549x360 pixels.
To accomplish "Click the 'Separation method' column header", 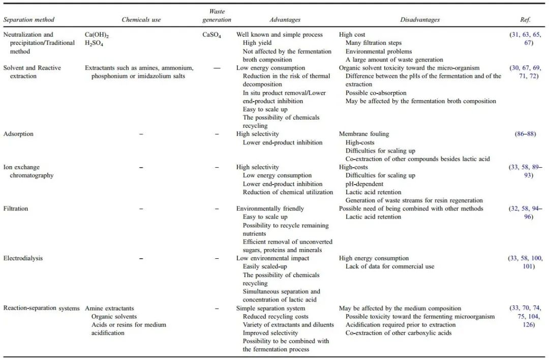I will pos(29,20).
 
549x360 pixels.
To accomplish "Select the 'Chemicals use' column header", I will pos(141,20).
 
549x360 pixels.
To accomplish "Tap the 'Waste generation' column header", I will pos(217,16).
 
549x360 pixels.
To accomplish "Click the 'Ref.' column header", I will pos(525,20).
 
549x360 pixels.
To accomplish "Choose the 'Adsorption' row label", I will pos(18,134).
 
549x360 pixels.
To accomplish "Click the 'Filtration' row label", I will pos(16,208).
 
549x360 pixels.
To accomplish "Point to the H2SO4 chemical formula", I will pos(95,43).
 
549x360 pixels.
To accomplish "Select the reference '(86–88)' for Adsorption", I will pos(525,134).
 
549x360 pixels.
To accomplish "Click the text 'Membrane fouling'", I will pos(364,134).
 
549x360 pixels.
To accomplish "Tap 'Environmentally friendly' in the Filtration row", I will pos(270,208).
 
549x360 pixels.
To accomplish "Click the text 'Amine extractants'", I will pos(109,308).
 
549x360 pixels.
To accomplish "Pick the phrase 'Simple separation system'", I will pos(270,308).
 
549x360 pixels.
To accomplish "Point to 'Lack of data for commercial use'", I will pos(390,266).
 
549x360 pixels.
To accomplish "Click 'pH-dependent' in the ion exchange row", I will pos(364,184).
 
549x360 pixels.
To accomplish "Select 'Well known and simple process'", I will pos(279,35).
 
